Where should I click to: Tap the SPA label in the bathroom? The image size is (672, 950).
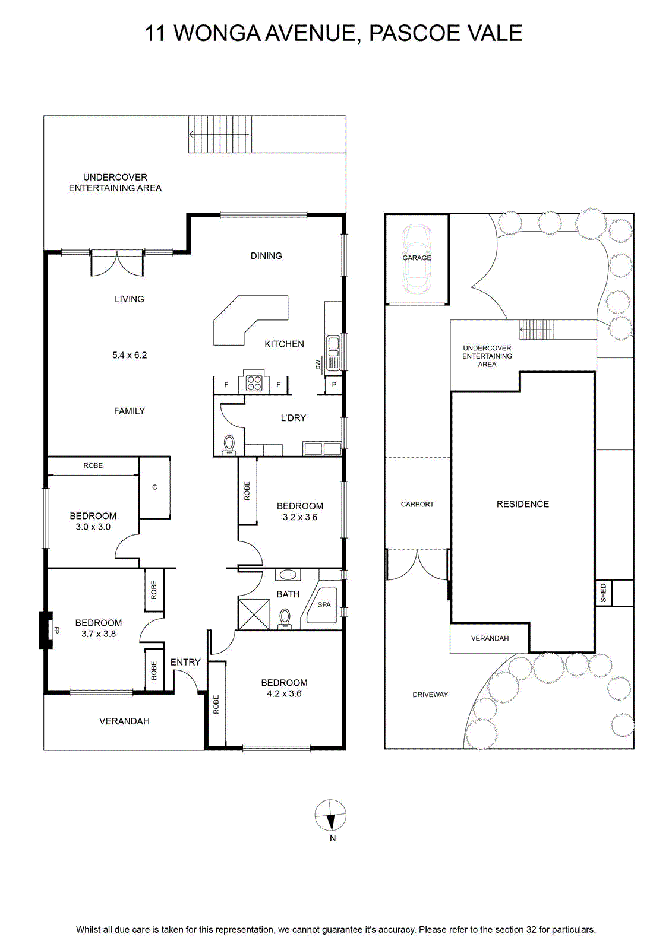tap(324, 605)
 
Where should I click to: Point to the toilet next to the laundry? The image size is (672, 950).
tap(229, 445)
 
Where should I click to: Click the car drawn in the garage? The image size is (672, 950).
tap(417, 259)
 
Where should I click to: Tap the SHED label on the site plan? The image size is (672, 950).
tap(603, 593)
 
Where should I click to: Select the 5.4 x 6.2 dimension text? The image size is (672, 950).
tap(130, 355)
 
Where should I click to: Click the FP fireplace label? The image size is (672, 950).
tap(56, 630)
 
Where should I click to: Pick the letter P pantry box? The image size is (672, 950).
tap(334, 385)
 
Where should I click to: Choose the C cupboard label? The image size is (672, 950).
tap(154, 487)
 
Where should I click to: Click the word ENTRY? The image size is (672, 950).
tap(185, 662)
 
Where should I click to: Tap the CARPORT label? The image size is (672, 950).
tap(417, 504)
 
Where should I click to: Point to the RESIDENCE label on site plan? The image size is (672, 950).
tap(523, 504)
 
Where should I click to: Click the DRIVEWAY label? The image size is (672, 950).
tap(430, 694)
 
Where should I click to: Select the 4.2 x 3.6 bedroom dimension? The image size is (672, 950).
tap(284, 693)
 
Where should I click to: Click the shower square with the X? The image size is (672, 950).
tap(254, 614)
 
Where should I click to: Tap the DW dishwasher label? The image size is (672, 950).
tap(318, 365)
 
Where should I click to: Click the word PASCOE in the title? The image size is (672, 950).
tap(410, 33)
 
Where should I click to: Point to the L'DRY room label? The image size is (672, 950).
tap(294, 418)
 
